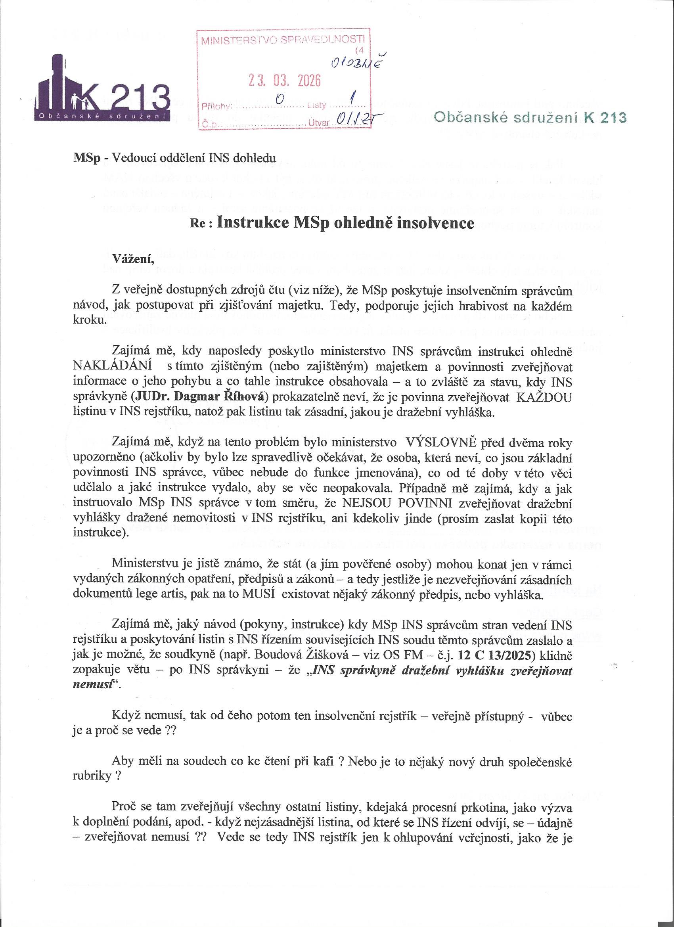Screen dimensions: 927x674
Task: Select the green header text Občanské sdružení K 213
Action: click(x=530, y=118)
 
